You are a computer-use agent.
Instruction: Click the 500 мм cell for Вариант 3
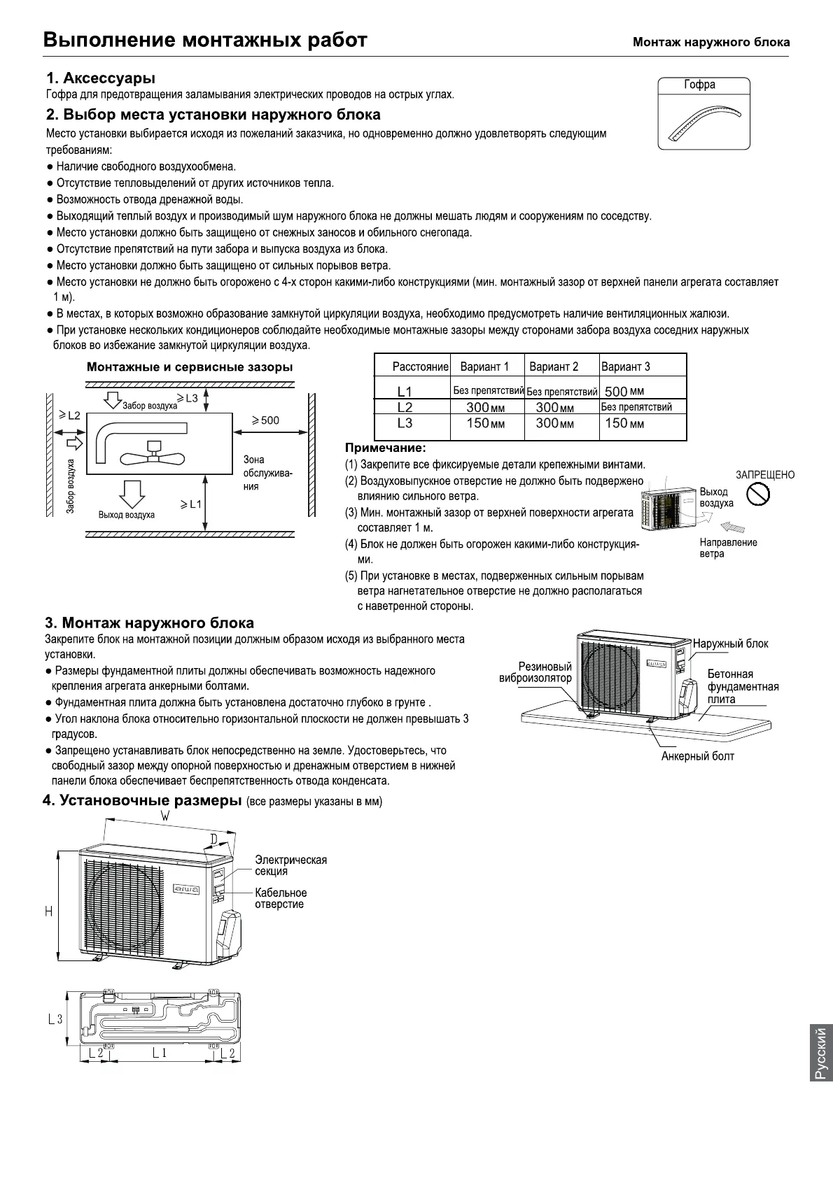click(624, 391)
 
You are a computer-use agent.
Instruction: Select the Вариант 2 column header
click(554, 367)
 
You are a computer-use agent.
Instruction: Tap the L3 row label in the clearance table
click(405, 423)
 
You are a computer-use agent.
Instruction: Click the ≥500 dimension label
click(265, 420)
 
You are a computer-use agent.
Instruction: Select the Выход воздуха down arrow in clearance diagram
click(131, 493)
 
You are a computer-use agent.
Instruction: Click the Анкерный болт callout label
click(698, 756)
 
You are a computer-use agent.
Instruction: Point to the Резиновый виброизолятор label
click(535, 672)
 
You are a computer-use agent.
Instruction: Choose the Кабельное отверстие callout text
click(281, 899)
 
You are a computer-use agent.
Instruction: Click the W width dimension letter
click(164, 816)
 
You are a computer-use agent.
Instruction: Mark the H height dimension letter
click(48, 911)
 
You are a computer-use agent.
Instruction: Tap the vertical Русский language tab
click(820, 1052)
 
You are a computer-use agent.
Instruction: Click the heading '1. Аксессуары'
click(101, 78)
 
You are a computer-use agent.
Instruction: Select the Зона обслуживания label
click(267, 473)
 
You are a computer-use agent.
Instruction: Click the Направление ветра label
click(728, 548)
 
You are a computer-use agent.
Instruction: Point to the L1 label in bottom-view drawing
click(160, 1053)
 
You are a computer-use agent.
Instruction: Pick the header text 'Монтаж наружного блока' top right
click(711, 42)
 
